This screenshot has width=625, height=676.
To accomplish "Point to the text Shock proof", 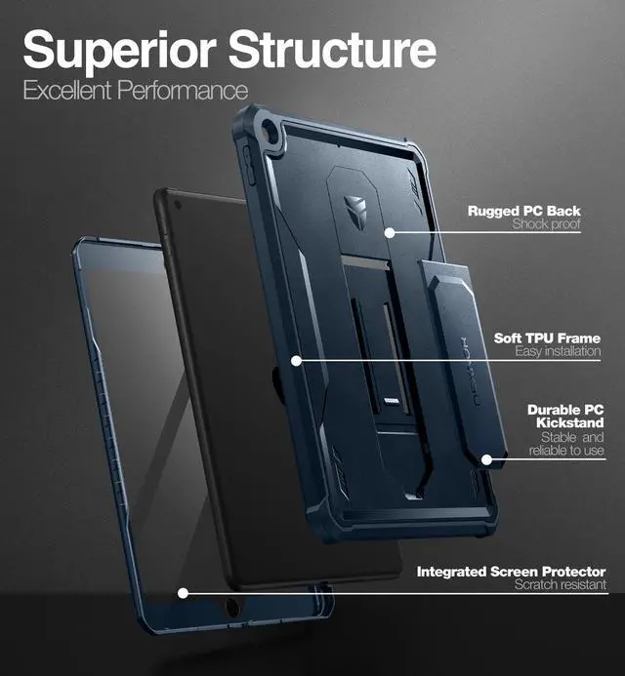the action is [547, 225].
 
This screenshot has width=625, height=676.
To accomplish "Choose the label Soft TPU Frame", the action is [547, 338].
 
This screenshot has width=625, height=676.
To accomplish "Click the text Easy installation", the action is [558, 351].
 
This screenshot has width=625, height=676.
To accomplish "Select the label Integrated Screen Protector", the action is [511, 571].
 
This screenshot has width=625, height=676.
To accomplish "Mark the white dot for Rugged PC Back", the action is [389, 232].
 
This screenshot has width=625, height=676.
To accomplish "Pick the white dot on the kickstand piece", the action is [485, 457].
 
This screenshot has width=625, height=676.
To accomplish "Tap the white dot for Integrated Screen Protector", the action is [183, 591].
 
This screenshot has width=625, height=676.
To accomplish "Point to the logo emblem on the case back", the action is [357, 210].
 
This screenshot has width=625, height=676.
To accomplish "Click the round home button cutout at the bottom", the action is [233, 609].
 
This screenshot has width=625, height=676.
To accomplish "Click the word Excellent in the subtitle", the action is [67, 92].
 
